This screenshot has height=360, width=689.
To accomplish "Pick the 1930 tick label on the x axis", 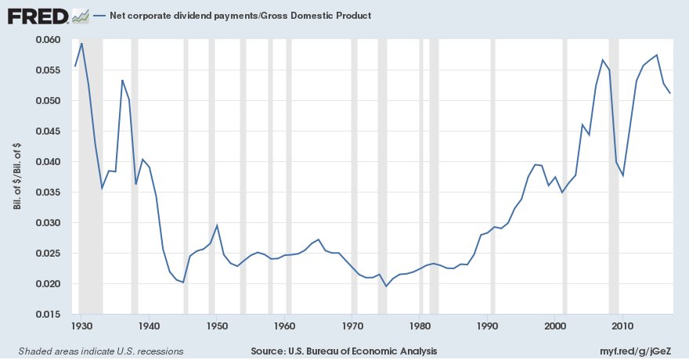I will pyautogui.click(x=81, y=325).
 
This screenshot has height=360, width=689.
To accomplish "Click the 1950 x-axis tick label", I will pyautogui.click(x=217, y=325).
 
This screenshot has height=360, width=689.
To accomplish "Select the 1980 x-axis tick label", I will pyautogui.click(x=420, y=325).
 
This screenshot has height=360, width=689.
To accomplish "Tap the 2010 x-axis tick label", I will pyautogui.click(x=622, y=325).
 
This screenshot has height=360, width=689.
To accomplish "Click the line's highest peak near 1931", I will pyautogui.click(x=81, y=43).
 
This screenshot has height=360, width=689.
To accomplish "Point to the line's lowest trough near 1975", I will pyautogui.click(x=386, y=286).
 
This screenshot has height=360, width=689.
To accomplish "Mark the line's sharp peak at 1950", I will pyautogui.click(x=217, y=225).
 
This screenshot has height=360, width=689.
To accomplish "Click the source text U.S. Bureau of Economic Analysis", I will pyautogui.click(x=344, y=351).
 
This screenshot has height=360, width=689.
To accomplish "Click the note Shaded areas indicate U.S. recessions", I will pyautogui.click(x=101, y=351).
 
